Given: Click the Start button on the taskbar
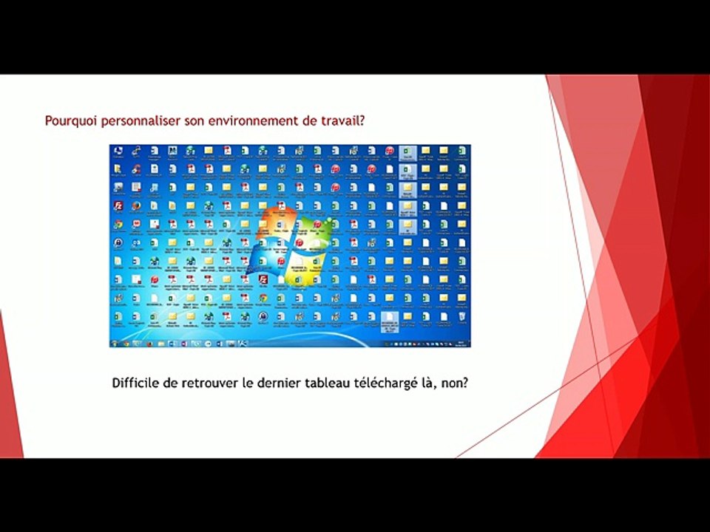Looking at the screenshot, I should tap(115, 344).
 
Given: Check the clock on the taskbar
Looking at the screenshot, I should tap(459, 344).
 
